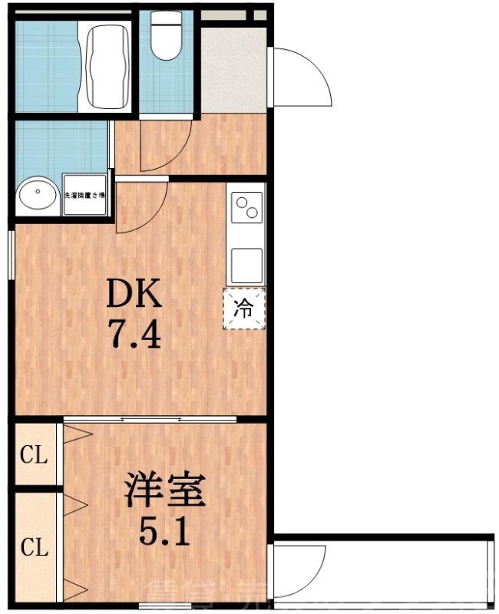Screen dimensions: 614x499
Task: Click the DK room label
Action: coord(134,293)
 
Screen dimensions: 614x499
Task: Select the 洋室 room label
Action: coord(165,492)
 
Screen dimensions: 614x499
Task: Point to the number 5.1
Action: coord(164,531)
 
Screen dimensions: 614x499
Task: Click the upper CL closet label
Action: coord(34,456)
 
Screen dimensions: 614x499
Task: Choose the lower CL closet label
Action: coord(34,548)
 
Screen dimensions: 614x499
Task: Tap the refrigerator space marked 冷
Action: coord(244,309)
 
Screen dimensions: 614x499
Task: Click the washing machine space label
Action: coord(84,196)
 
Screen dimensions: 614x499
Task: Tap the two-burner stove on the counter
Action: coord(247,208)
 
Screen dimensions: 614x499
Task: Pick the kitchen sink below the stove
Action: coord(246,265)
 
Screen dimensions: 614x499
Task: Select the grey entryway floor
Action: coord(233,69)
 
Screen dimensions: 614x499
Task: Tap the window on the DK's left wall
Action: coord(10,254)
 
